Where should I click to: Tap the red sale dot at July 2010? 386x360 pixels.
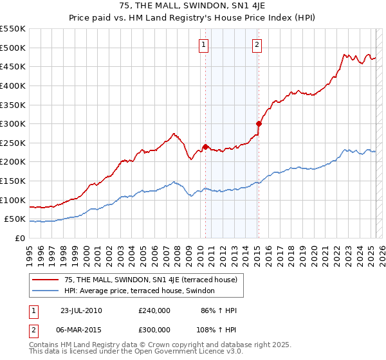pyautogui.click(x=206, y=147)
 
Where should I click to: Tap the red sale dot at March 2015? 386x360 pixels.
pyautogui.click(x=259, y=123)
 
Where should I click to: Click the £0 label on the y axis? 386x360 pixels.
pyautogui.click(x=21, y=239)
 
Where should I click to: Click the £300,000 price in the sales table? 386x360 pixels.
pyautogui.click(x=154, y=329)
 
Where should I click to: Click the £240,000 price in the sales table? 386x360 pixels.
pyautogui.click(x=154, y=310)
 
